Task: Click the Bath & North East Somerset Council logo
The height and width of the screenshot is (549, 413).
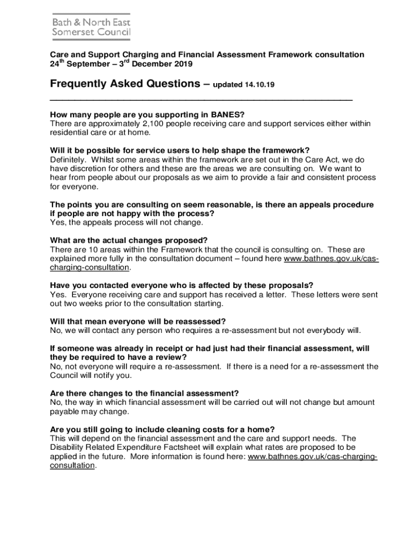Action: [x=91, y=26]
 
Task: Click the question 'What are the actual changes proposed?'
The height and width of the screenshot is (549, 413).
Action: [x=128, y=240]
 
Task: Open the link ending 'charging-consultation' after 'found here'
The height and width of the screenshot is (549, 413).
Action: [x=89, y=267]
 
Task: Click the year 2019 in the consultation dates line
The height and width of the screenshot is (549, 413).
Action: [x=180, y=64]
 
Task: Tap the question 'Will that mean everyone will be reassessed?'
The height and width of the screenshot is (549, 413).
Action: [x=137, y=321]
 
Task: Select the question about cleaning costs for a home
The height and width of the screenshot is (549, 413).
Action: [x=162, y=429]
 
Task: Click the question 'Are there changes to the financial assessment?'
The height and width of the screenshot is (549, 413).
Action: [x=144, y=393]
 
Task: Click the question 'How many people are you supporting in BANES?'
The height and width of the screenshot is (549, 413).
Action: [x=147, y=114]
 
